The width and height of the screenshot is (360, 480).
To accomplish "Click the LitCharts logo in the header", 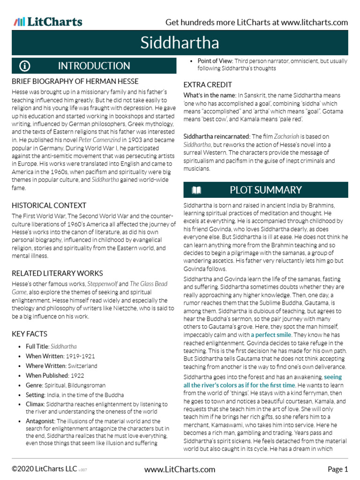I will point(48,22).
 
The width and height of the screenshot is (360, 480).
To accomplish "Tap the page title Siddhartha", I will point(180,43).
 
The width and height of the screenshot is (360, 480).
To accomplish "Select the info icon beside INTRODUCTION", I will point(25,66).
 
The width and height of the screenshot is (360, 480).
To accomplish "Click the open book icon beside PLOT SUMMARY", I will point(196,190).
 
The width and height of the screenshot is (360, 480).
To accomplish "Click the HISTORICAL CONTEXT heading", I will point(49,205).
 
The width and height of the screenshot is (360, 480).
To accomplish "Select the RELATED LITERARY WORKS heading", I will point(57,273).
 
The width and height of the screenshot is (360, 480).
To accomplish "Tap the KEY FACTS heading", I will point(29,334).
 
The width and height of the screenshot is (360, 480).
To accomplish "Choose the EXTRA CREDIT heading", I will point(207,84).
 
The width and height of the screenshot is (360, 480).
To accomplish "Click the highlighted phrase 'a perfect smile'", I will point(271,335).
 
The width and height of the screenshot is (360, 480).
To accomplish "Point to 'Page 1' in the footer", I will point(337,469).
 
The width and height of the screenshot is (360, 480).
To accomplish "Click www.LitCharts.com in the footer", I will point(180,469).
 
